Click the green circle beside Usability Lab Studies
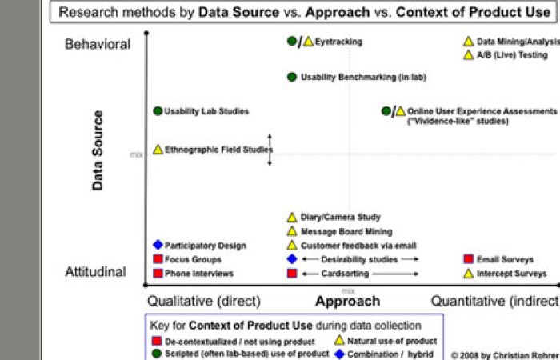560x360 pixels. (158, 111)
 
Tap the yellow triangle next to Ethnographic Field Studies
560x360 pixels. (158, 150)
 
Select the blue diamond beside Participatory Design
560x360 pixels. (158, 246)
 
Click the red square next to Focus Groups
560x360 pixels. (158, 260)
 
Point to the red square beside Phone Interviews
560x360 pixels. (158, 274)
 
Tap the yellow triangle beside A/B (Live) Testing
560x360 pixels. (468, 55)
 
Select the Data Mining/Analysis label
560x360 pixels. (518, 42)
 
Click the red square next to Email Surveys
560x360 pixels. (468, 259)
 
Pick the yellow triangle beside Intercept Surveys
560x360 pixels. (468, 274)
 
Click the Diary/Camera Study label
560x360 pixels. (340, 217)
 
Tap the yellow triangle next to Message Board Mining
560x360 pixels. (292, 231)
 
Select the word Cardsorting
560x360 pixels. (344, 274)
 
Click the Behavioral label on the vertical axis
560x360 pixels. (98, 44)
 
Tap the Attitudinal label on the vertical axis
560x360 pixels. (95, 272)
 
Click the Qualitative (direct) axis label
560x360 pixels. (204, 302)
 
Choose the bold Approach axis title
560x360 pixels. (347, 302)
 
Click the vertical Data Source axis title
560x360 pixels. (98, 150)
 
